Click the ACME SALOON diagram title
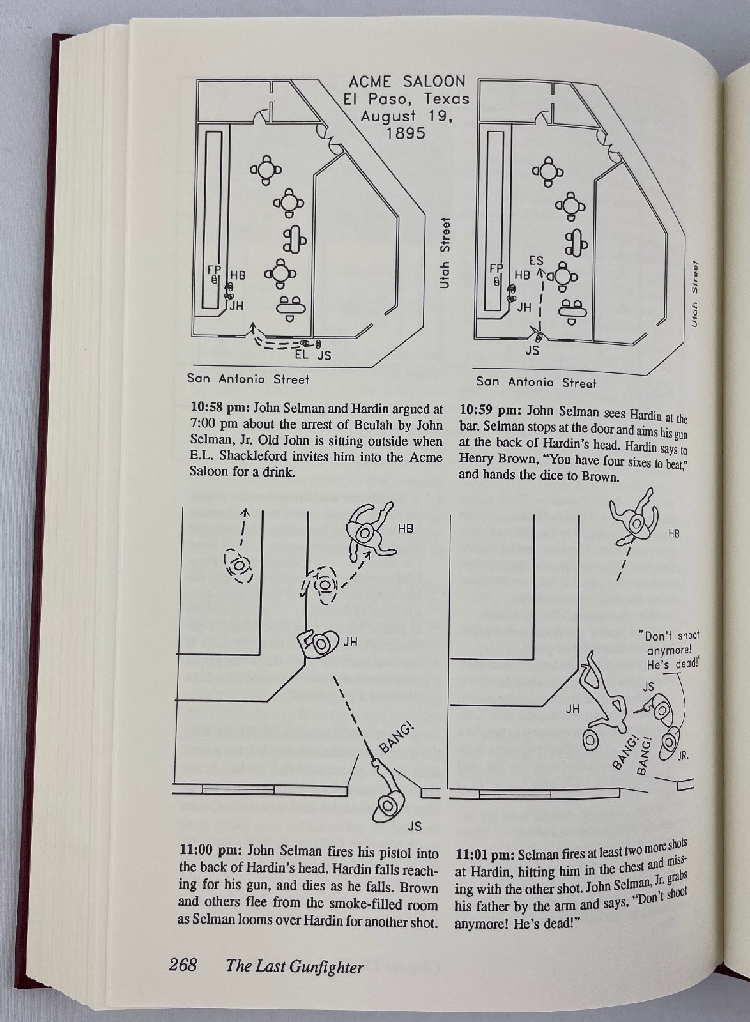tap(406, 82)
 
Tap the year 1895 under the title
tap(406, 133)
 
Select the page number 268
tap(183, 965)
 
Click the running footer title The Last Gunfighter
tap(295, 966)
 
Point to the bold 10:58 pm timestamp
tap(220, 408)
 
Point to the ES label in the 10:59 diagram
tap(536, 261)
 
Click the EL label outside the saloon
tap(301, 355)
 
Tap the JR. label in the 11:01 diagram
tap(682, 756)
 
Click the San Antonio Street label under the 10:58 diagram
tap(248, 379)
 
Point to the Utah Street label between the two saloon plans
tap(445, 253)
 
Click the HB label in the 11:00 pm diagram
tap(406, 528)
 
